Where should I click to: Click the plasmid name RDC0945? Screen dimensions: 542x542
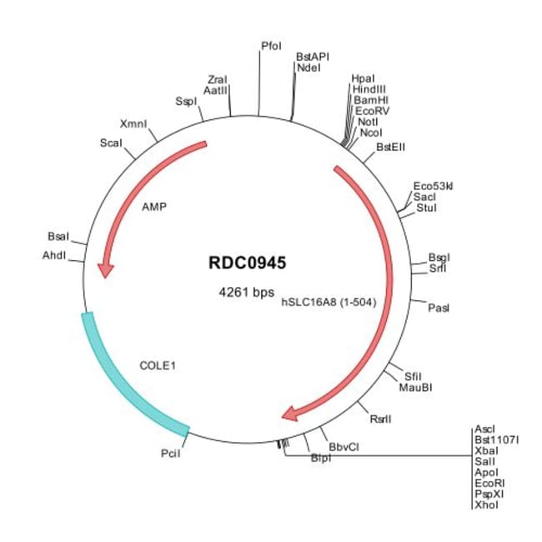(x=247, y=263)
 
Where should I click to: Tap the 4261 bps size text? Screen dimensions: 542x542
(x=246, y=294)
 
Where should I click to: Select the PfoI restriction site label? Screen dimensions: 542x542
(x=271, y=47)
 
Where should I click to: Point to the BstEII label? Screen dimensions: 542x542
(x=390, y=146)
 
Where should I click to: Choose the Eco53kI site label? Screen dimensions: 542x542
(x=432, y=186)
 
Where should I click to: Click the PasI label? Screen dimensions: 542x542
(x=438, y=309)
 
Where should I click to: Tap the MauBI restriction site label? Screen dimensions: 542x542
(x=414, y=387)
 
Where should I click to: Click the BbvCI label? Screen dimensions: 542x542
(x=344, y=447)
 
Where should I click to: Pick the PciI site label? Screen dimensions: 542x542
(x=170, y=454)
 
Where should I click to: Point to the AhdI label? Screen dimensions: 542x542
(x=53, y=255)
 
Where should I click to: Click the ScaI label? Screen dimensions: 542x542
(x=111, y=143)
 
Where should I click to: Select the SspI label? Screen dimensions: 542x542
(x=185, y=101)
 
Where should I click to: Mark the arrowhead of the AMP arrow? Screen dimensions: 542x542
(x=105, y=268)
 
